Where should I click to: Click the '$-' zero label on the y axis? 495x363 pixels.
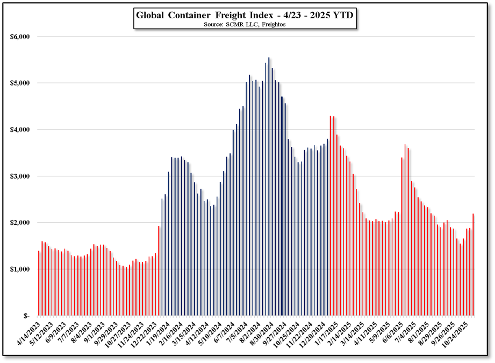click(25, 316)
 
